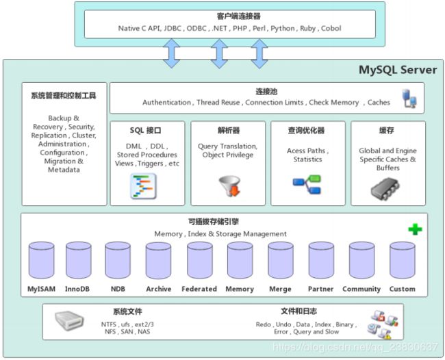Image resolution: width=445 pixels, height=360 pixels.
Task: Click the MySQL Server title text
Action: point(398,70)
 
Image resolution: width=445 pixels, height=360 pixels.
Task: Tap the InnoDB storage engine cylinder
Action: point(78,260)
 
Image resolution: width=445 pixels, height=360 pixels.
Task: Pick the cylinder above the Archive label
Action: point(159,260)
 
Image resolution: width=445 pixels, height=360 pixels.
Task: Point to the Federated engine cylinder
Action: point(199,260)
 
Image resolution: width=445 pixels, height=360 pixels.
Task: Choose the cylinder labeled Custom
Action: point(402,260)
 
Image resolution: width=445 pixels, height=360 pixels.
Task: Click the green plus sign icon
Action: point(415,230)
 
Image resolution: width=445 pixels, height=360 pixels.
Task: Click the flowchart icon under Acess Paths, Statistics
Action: point(307,183)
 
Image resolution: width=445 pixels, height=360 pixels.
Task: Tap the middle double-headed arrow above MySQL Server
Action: point(218,53)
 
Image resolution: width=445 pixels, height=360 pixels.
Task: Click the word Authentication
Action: point(166,103)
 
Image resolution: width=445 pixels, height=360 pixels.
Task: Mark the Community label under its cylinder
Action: point(361,289)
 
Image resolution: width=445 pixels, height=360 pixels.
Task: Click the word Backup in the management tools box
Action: point(61,118)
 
